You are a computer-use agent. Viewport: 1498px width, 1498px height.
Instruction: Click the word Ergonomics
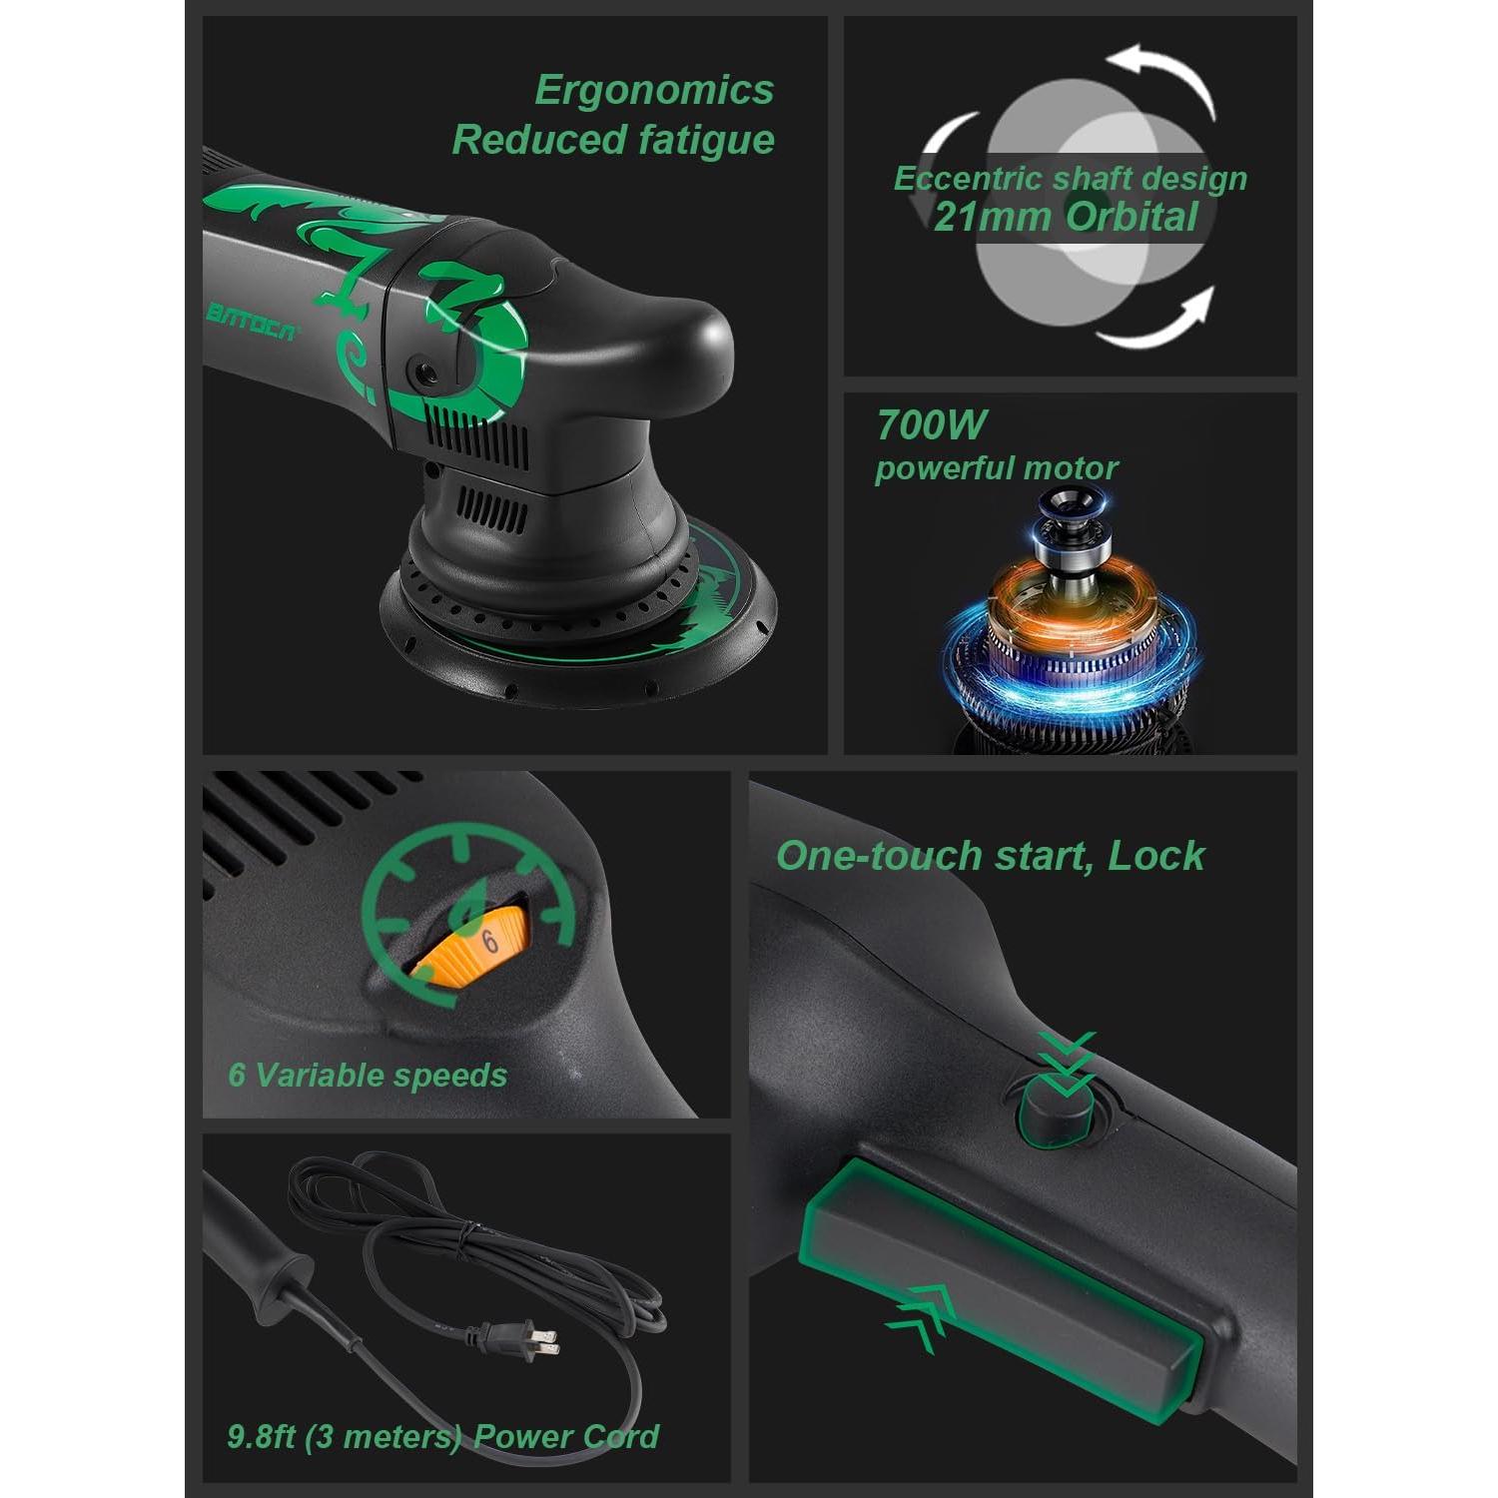point(654,90)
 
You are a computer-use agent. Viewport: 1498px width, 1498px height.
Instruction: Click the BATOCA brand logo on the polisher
point(252,320)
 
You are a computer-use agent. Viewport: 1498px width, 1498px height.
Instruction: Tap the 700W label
point(931,425)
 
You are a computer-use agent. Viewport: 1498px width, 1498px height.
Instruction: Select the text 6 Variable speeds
point(368,1076)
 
